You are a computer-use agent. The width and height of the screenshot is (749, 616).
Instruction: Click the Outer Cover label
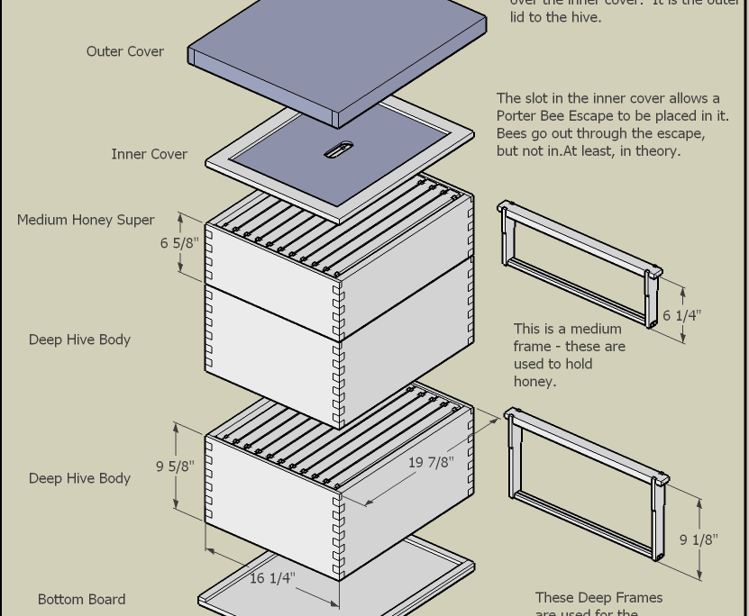[x=124, y=51]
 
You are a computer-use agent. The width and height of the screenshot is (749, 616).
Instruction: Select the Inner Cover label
[x=149, y=154]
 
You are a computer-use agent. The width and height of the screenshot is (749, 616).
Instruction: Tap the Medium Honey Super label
[x=86, y=220]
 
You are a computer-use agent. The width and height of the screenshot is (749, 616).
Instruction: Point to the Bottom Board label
[x=81, y=599]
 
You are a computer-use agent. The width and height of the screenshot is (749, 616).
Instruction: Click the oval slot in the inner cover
[x=339, y=149]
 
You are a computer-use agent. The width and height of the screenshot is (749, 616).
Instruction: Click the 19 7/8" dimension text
[x=431, y=462]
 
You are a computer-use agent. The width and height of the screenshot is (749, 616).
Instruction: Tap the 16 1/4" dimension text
[x=272, y=577]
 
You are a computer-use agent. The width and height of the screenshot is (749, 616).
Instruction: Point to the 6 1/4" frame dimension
[x=681, y=315]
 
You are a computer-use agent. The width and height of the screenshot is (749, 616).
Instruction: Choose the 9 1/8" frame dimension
[x=698, y=539]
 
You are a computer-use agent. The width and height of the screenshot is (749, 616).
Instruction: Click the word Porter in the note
[x=518, y=116]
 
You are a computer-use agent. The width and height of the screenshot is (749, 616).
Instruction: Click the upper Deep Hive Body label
[x=79, y=340]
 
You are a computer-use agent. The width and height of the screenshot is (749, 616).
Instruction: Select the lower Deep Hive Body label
[x=79, y=478]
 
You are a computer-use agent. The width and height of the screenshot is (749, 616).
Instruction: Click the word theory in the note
[x=657, y=150]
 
